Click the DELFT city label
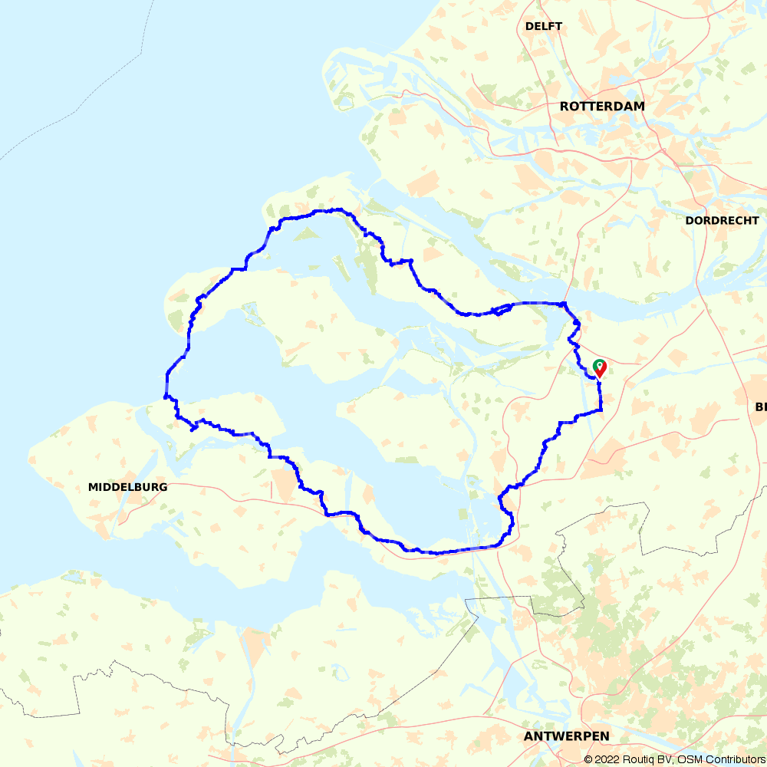pyautogui.click(x=544, y=26)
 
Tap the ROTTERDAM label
pyautogui.click(x=602, y=107)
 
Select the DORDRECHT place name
pyautogui.click(x=720, y=220)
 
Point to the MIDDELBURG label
pyautogui.click(x=127, y=487)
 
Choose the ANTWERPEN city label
pyautogui.click(x=567, y=736)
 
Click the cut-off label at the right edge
pyautogui.click(x=761, y=407)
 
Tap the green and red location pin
pyautogui.click(x=599, y=368)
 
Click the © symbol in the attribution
pyautogui.click(x=588, y=759)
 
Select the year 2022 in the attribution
pyautogui.click(x=607, y=759)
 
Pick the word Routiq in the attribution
pyautogui.click(x=638, y=759)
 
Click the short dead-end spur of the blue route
pyautogui.click(x=192, y=429)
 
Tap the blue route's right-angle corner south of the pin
pyautogui.click(x=601, y=410)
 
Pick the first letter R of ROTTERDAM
pyautogui.click(x=565, y=107)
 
